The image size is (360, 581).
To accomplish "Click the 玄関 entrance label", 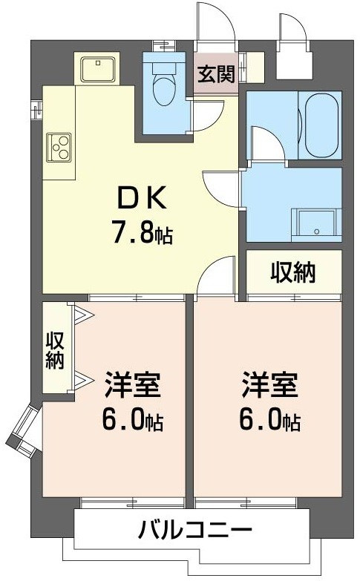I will (x=217, y=74).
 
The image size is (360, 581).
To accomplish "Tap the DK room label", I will (x=143, y=199).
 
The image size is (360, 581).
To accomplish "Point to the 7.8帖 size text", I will (x=143, y=234).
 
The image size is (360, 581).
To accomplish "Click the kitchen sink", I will (x=95, y=70).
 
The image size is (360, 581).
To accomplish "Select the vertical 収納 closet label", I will (x=56, y=350).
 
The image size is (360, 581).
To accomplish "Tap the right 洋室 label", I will (x=269, y=386).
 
